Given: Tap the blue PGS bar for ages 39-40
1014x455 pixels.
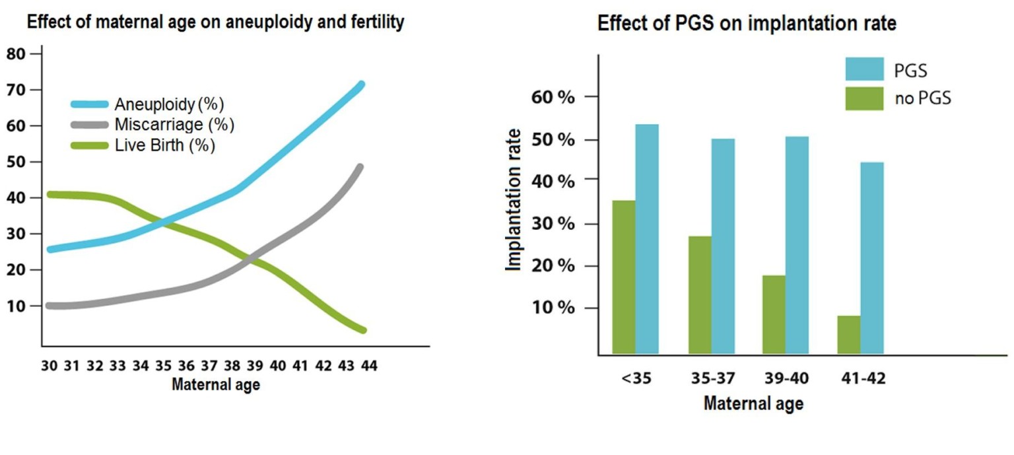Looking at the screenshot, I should pos(797,245).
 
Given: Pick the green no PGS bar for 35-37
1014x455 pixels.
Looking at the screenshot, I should pos(700,295).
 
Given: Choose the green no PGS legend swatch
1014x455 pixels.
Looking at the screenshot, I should pos(864,99).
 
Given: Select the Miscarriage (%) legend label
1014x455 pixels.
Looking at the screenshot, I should pos(174,125).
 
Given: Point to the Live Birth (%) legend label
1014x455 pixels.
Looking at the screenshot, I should pos(165,145).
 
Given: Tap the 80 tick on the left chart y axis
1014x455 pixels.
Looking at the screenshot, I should pos(16,54).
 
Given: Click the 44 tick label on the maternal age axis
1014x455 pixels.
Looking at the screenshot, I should pos(369,366).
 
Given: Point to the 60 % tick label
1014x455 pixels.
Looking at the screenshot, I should pos(553,97).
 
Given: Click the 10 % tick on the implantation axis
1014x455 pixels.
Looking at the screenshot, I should pos(553,308).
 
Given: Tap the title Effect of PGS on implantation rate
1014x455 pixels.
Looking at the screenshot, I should pos(747,24).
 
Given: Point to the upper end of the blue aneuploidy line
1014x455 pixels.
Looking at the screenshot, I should pos(361,85).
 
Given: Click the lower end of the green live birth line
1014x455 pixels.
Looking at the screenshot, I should pos(362,330).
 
